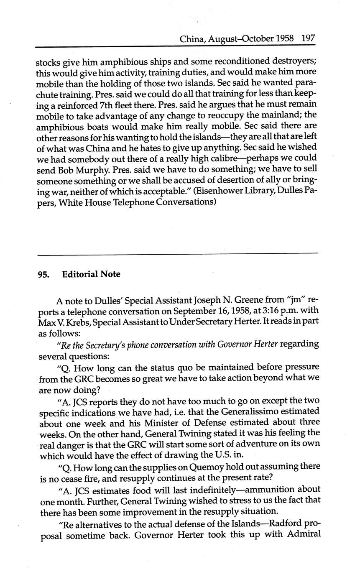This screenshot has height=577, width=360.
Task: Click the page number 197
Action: point(308,39)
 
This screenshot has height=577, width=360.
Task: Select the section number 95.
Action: point(43,275)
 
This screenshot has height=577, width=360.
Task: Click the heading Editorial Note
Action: point(91,274)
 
